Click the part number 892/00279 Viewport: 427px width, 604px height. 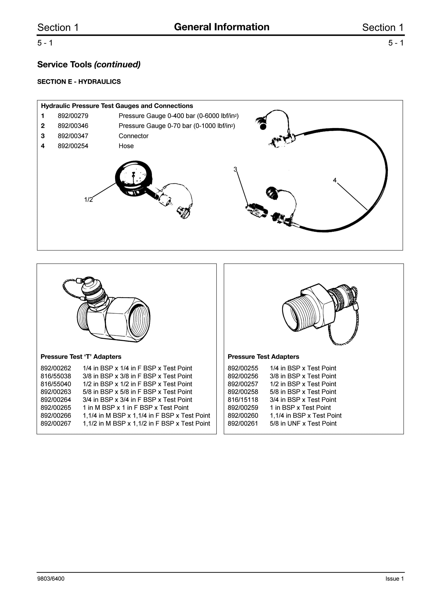(73, 116)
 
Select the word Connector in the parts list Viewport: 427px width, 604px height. (133, 136)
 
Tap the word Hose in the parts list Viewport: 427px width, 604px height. (126, 146)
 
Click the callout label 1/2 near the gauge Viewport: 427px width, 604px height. (88, 200)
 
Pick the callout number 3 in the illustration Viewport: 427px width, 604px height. (235, 169)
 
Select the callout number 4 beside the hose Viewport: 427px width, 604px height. (335, 180)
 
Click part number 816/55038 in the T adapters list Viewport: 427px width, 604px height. (56, 376)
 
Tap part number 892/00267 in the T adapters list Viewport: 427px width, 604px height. (56, 424)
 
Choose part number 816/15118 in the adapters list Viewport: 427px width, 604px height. (243, 400)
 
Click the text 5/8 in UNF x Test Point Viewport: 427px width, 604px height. (303, 424)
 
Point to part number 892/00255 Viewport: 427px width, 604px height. (243, 368)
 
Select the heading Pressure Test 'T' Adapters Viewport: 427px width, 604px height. (81, 357)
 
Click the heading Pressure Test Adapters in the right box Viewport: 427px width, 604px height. (263, 357)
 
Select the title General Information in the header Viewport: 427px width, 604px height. (222, 27)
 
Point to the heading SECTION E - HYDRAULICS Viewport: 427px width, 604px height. (79, 82)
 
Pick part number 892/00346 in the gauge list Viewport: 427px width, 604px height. (73, 126)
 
